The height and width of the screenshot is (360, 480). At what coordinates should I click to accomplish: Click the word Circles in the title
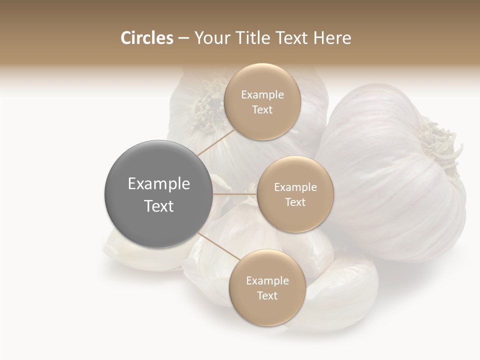pos(146,38)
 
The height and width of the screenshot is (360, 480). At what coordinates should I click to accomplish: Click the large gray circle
pos(158,194)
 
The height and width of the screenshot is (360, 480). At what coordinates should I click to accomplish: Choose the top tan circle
pos(262,101)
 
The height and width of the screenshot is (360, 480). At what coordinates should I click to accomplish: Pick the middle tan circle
pos(295,194)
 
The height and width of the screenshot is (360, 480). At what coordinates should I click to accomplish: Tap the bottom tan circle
pos(267,287)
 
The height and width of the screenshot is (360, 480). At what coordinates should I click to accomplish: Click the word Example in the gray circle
pos(158,184)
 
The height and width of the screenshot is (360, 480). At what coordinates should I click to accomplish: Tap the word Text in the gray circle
pos(158,206)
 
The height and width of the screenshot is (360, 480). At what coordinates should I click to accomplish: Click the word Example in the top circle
pos(262,94)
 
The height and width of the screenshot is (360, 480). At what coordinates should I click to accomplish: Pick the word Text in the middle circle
pos(295,202)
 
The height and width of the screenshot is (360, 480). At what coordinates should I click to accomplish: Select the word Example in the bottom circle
pos(267,280)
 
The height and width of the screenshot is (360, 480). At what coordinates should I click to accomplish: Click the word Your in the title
pos(207,38)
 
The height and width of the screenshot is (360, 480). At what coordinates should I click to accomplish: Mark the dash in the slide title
pos(183,38)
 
